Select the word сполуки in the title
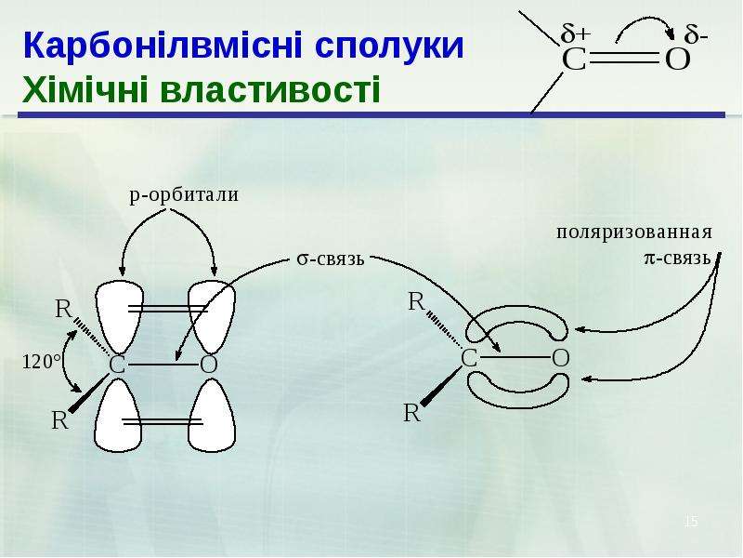[388, 46]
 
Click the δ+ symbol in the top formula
[575, 34]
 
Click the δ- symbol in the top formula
[696, 34]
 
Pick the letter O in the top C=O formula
[678, 60]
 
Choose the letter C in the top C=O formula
[574, 60]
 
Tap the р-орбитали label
[184, 195]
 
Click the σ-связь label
[331, 259]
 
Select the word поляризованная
[634, 232]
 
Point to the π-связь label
[677, 259]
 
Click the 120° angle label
[42, 362]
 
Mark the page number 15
[691, 522]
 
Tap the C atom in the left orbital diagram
[117, 365]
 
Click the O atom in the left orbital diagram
[208, 365]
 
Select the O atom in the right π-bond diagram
[561, 358]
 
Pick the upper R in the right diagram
[416, 301]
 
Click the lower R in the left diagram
[59, 420]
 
